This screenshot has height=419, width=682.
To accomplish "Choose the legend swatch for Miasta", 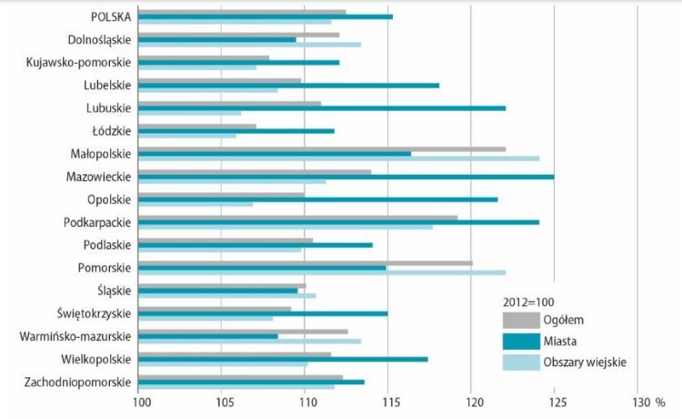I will click(x=520, y=342).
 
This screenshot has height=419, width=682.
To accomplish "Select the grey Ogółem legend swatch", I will click(x=520, y=320).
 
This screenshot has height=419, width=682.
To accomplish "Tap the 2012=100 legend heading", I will click(x=529, y=301).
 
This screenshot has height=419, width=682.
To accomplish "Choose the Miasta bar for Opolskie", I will click(x=318, y=199).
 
